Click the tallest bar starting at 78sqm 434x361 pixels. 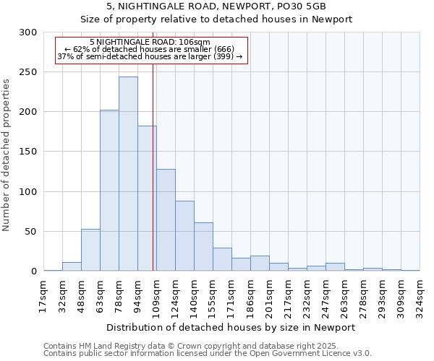128,173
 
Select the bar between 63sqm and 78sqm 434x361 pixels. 109,191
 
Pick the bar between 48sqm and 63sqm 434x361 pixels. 90,250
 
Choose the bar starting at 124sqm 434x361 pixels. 184,236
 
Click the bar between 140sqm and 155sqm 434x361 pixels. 203,247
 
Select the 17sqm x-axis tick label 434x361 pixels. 44,296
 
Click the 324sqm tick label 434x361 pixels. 420,296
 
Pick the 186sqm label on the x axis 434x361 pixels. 251,296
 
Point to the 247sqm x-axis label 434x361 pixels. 326,296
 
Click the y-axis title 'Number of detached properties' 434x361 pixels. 7,152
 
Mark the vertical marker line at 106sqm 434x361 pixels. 153,166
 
